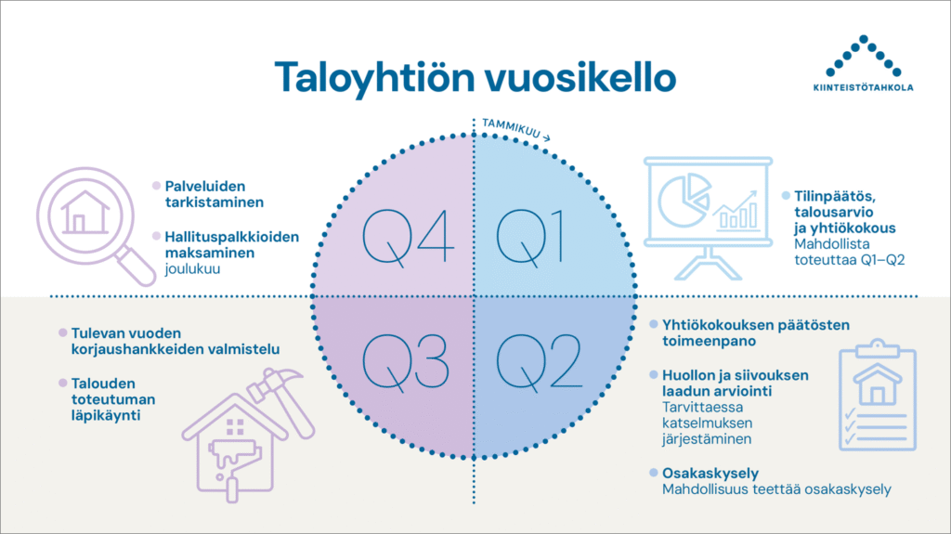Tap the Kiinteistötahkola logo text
863,87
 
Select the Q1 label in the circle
530,237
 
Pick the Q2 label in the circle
540,361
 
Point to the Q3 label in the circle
405,361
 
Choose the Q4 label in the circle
409,237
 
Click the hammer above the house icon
282,400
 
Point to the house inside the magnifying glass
85,213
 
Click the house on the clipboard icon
877,384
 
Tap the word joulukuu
192,268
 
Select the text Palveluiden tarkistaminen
215,194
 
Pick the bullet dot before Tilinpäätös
786,195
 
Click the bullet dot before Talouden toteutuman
62,383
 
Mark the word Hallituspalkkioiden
231,237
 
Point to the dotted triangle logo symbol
864,56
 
